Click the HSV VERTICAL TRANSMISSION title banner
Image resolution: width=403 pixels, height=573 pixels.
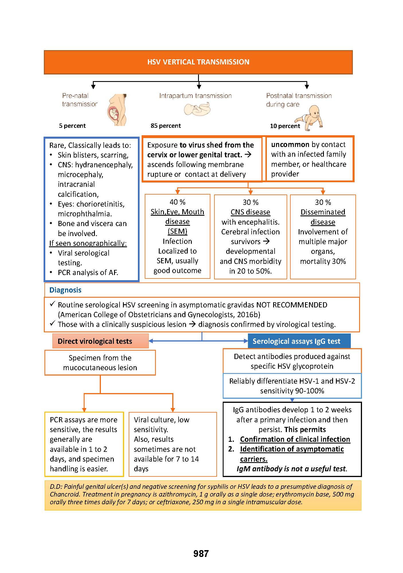click(198, 62)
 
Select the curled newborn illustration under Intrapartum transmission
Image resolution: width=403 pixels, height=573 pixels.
click(197, 109)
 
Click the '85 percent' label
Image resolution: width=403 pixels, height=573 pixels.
click(166, 126)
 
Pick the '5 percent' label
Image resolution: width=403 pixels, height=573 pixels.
click(72, 126)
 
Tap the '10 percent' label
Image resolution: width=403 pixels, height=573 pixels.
click(285, 126)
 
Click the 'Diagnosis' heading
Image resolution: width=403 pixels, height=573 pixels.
click(65, 290)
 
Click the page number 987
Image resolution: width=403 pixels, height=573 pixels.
click(201, 554)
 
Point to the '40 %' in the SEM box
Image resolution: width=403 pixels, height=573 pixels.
click(177, 202)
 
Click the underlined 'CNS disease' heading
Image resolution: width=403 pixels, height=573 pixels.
click(251, 212)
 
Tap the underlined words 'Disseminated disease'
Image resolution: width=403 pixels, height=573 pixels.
click(323, 217)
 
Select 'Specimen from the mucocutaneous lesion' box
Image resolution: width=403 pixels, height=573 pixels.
click(100, 362)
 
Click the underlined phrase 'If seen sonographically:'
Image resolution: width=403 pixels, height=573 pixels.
click(88, 243)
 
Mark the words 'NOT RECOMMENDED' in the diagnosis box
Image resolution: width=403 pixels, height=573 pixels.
click(292, 305)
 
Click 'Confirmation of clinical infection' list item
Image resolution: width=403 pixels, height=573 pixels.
click(295, 439)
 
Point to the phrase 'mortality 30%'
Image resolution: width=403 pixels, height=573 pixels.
click(323, 261)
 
